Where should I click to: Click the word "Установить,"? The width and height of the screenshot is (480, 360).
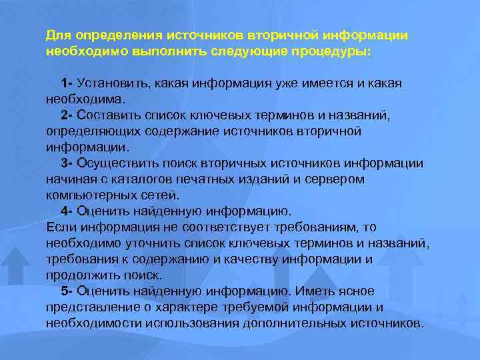coord(115,83)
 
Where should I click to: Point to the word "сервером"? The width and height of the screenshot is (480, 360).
coord(337,179)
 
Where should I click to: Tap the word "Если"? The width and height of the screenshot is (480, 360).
coord(61,227)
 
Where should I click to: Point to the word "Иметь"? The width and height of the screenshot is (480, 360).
coord(317,291)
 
